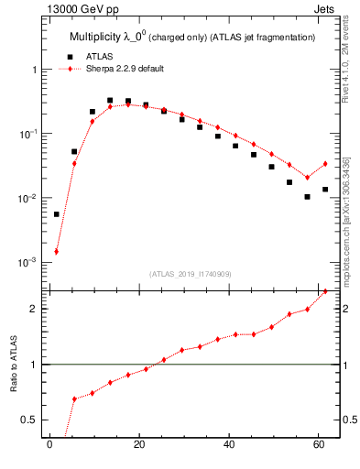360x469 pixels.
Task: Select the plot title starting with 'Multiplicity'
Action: point(192,37)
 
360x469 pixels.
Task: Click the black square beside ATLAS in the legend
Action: point(66,57)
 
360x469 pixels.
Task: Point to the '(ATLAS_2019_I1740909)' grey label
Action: point(191,274)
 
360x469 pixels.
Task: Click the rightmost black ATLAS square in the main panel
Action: point(325,190)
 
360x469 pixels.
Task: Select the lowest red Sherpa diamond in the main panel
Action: point(56,251)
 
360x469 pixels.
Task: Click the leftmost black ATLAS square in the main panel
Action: point(56,214)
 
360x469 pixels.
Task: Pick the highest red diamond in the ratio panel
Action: point(325,291)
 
